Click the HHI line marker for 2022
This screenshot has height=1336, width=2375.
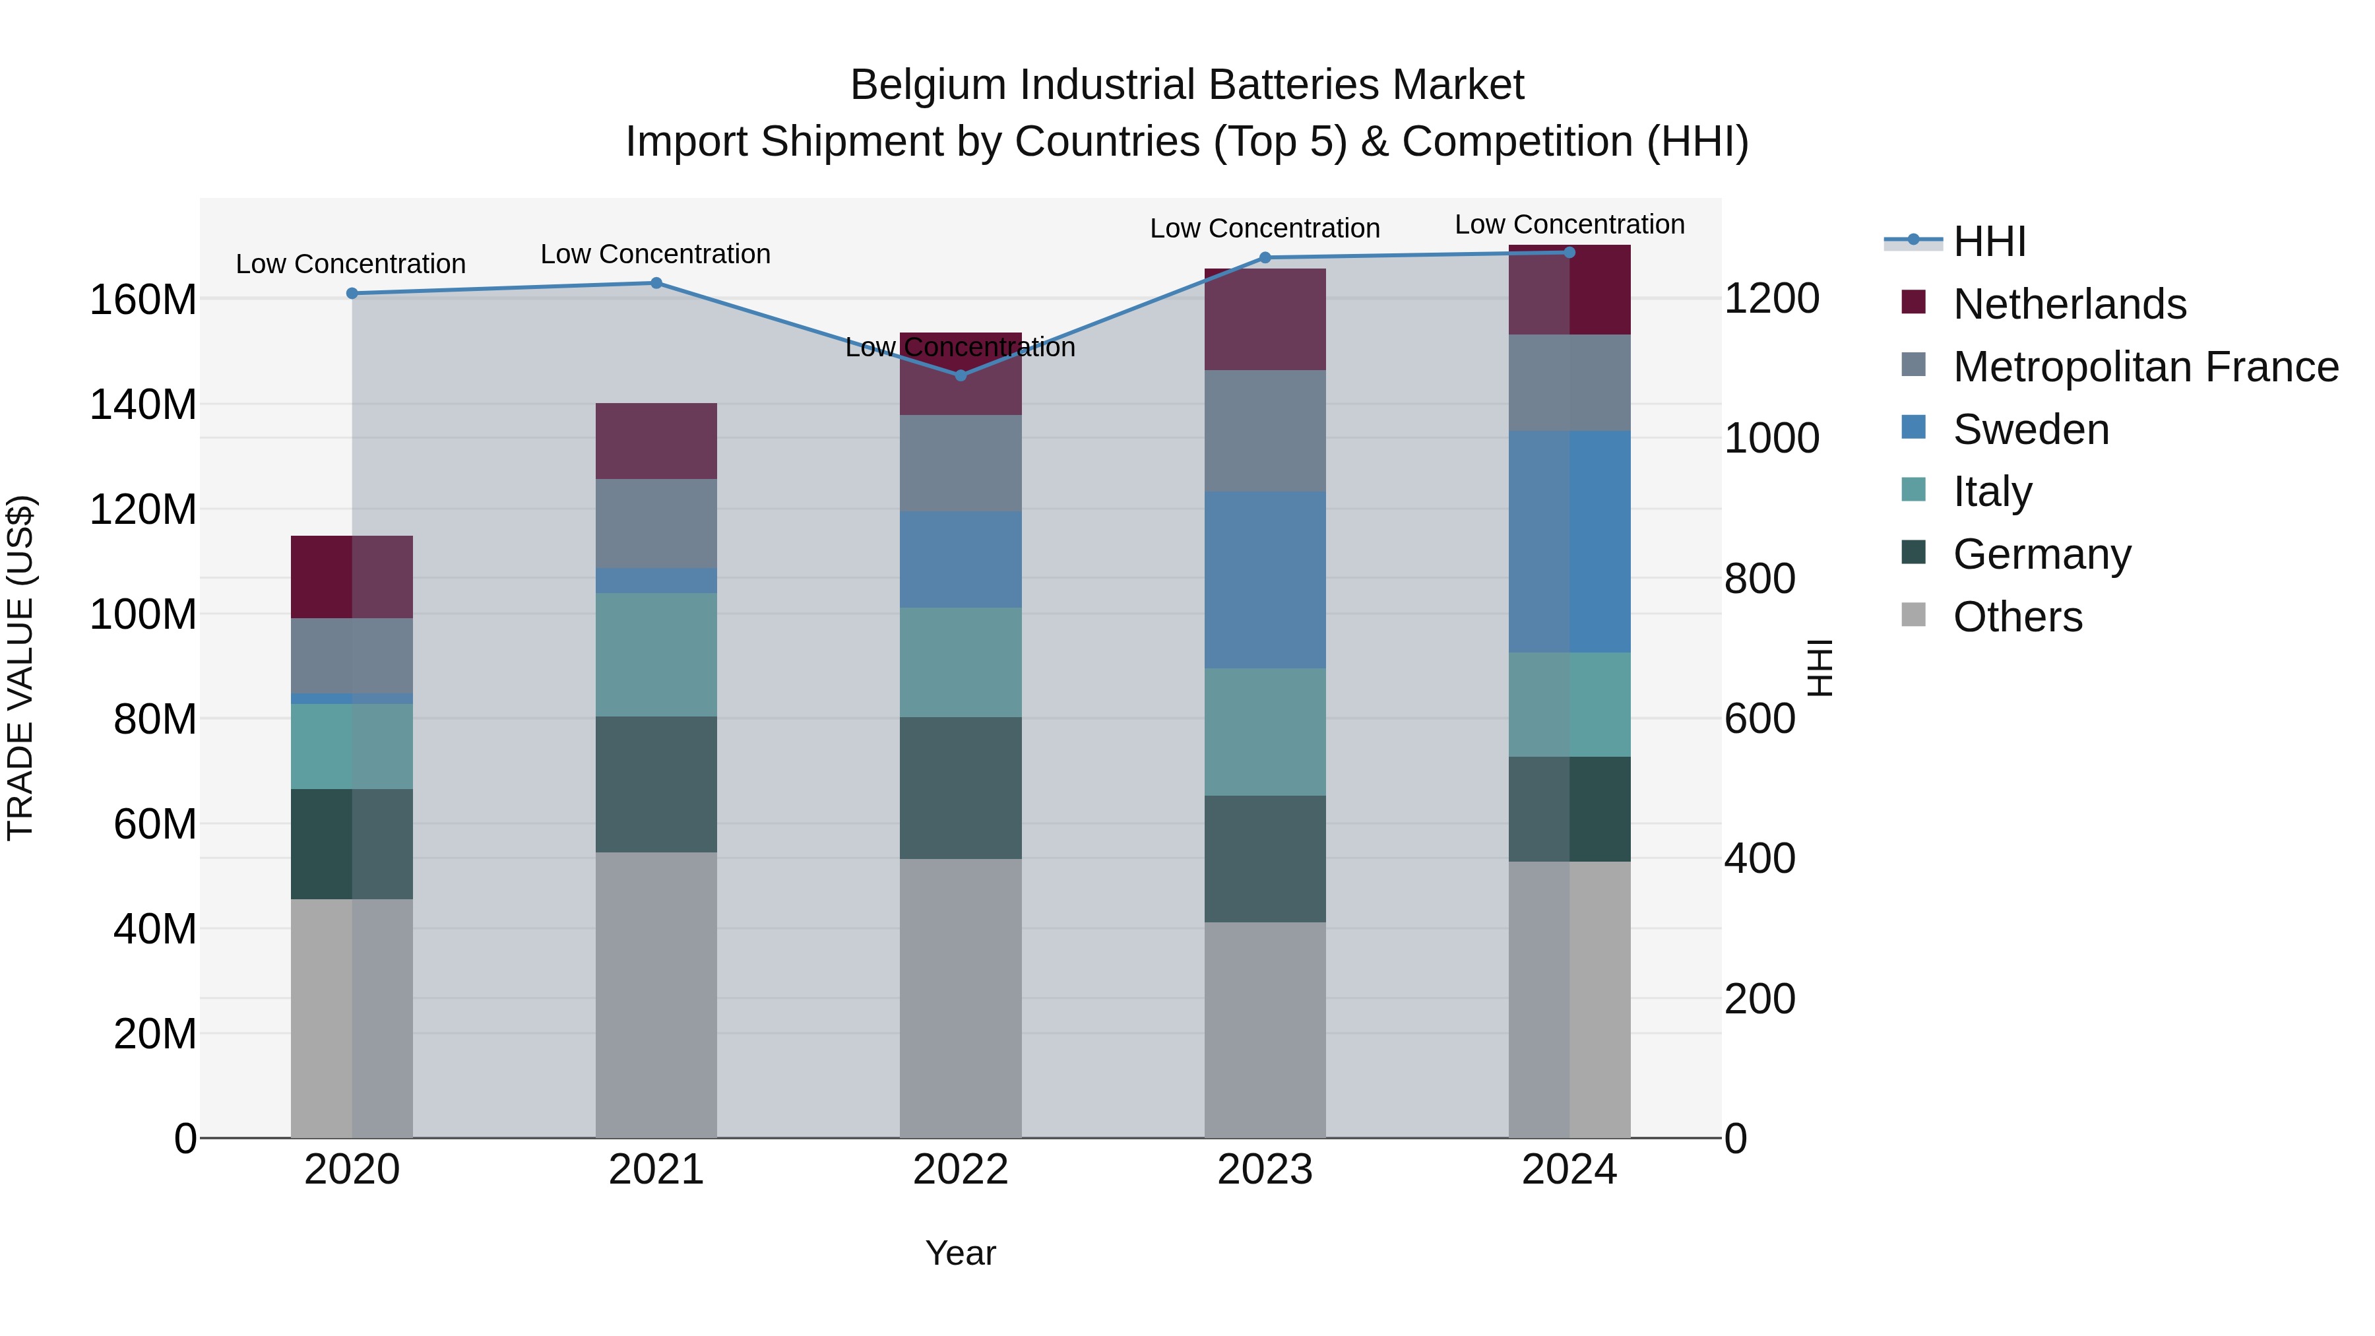[x=960, y=375]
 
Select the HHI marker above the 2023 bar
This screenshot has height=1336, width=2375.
[x=1265, y=257]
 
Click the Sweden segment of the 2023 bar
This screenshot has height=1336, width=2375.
[x=1265, y=579]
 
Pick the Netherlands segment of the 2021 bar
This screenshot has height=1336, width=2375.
[x=656, y=441]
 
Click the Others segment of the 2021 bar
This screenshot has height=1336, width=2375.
[x=656, y=994]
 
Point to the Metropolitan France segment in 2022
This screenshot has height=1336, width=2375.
[x=960, y=463]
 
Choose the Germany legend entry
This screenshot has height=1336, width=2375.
[x=2041, y=554]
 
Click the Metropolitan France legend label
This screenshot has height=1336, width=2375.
[x=2145, y=367]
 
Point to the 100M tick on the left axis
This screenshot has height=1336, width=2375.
[x=143, y=614]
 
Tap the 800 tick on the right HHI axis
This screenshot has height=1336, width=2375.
[x=1759, y=579]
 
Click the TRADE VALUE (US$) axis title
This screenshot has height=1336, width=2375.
[x=20, y=668]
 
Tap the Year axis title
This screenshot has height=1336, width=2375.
[x=960, y=1253]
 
